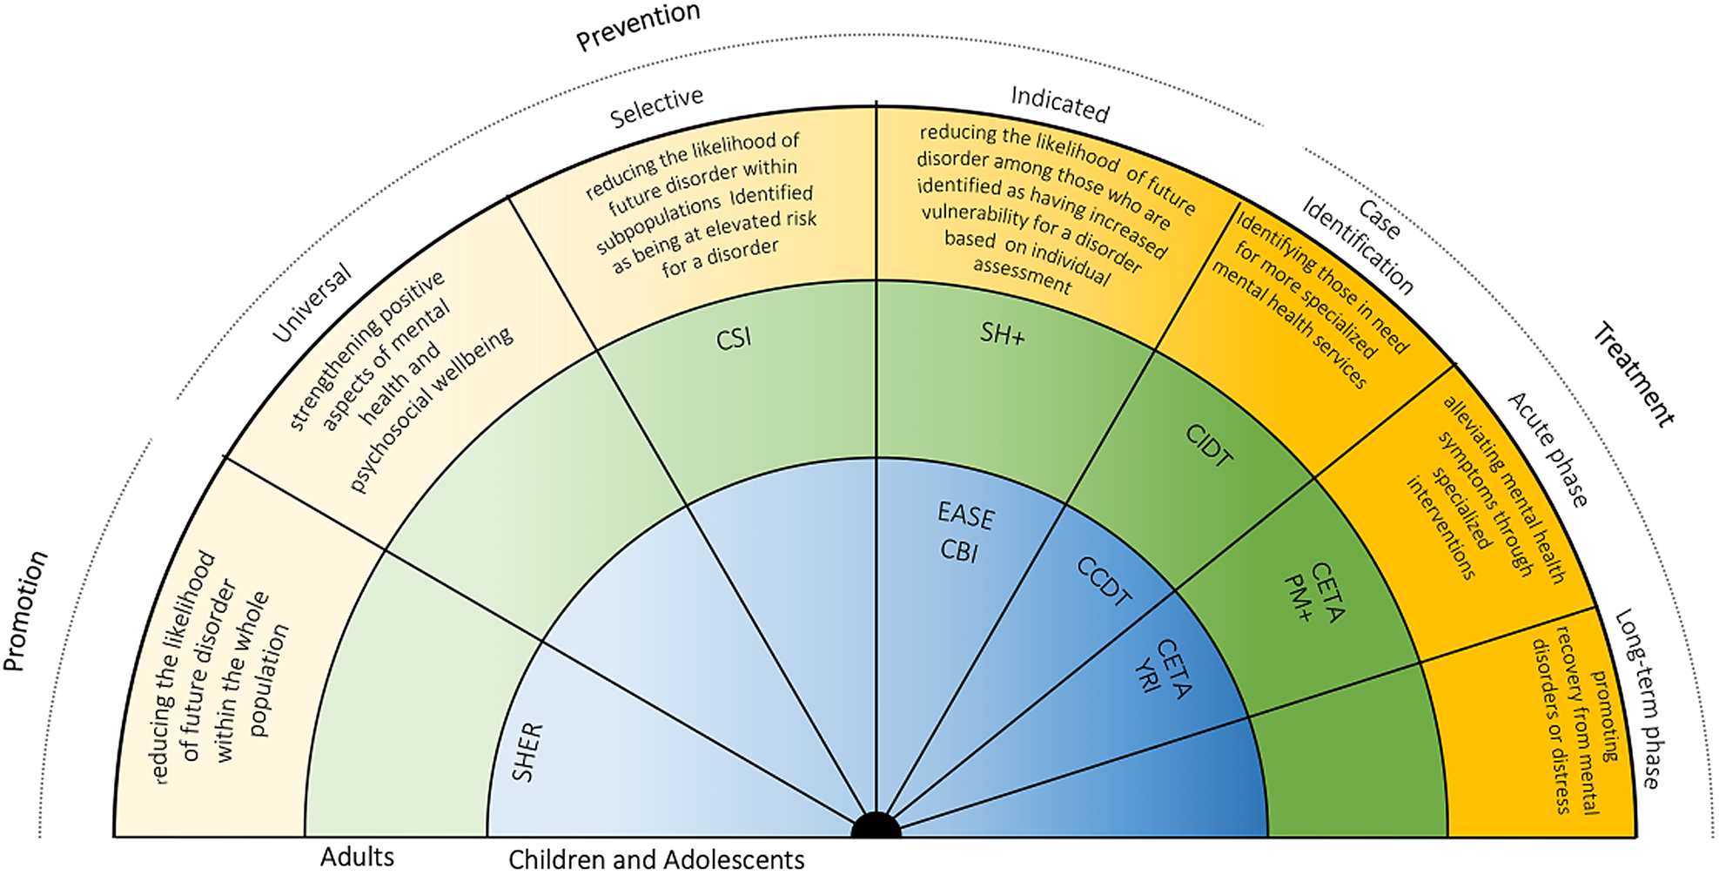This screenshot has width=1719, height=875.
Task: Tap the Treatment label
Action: (x=1634, y=374)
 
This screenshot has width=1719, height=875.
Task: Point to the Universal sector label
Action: (x=312, y=302)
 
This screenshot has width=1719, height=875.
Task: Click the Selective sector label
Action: (x=656, y=107)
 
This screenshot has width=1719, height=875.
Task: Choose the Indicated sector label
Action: (x=1059, y=104)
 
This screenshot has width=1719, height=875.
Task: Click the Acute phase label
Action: (x=1548, y=449)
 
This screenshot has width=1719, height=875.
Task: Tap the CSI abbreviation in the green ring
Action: (x=734, y=338)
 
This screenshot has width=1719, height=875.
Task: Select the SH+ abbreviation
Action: (x=1003, y=333)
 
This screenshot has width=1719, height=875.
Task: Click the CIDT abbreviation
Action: (x=1209, y=446)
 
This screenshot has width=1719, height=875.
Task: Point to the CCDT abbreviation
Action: (x=1105, y=581)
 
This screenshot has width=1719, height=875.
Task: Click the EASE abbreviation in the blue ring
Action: (x=965, y=515)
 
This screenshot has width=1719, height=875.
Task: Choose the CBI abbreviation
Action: (x=959, y=551)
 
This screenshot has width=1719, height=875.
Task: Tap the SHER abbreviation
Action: (x=527, y=752)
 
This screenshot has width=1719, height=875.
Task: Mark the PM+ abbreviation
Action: (x=1298, y=598)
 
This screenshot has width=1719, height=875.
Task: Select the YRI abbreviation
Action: (x=1148, y=676)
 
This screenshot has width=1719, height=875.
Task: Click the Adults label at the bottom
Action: (x=357, y=857)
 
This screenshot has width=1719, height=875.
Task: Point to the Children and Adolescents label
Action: (x=656, y=859)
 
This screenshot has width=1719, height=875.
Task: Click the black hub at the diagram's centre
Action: (x=876, y=825)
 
